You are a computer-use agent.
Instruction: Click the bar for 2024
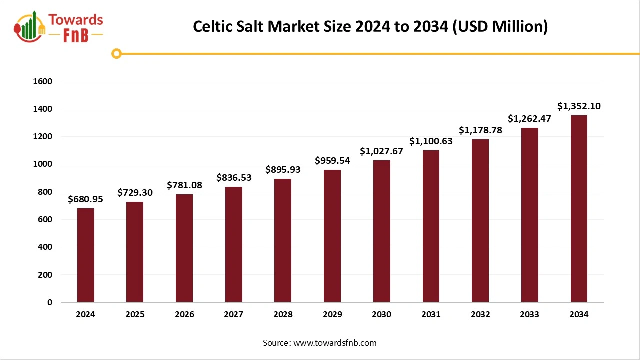85,255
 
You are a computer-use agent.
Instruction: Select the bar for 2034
579,209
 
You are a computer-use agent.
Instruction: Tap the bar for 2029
332,236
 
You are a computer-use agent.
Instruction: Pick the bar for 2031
431,226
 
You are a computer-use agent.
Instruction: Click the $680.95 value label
85,199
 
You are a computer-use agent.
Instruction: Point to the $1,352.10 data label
579,106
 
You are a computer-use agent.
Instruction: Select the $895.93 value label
283,170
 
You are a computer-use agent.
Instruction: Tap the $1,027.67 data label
382,151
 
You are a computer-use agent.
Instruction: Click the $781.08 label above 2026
184,185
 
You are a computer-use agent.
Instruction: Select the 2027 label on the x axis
233,315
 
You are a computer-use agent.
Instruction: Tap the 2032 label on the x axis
480,315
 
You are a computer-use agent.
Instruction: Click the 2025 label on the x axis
135,315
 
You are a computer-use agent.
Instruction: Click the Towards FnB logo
59,27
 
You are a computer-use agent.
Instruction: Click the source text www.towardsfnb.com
334,343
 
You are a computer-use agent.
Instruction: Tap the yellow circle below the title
117,53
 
